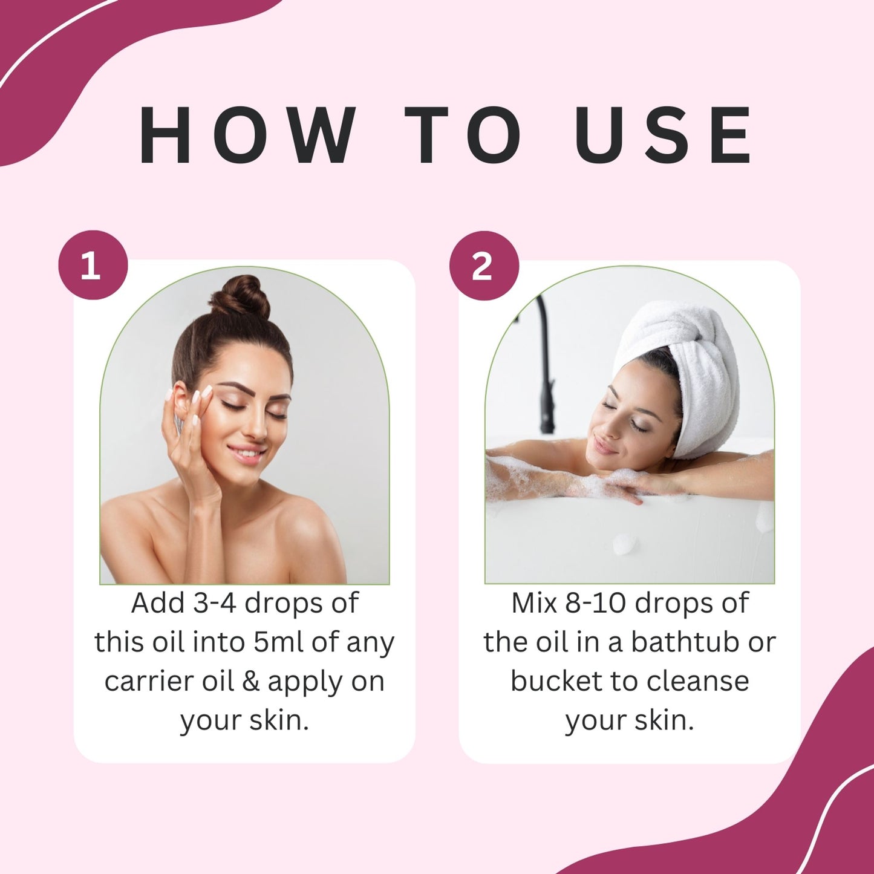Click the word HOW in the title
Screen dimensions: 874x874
tap(247, 135)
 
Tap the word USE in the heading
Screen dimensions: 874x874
tap(663, 135)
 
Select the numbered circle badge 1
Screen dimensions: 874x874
tap(93, 266)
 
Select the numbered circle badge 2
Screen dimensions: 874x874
tap(484, 266)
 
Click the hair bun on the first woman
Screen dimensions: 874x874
tap(241, 297)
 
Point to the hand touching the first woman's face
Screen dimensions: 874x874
tap(191, 435)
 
